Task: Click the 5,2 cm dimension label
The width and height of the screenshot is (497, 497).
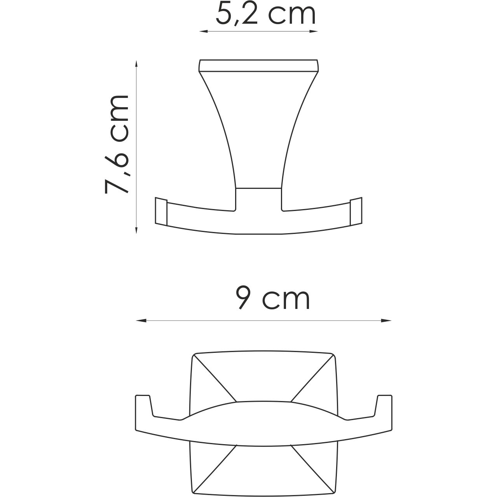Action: (265, 14)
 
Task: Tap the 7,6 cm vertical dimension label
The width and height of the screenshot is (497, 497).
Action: (117, 145)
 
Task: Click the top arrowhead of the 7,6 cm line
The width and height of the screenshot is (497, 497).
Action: (136, 63)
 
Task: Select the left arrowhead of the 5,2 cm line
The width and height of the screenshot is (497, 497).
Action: (202, 31)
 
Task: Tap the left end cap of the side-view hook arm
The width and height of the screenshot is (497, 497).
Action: (161, 212)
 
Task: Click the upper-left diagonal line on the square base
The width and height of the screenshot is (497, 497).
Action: (216, 377)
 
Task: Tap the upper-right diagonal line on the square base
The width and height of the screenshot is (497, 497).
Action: (312, 377)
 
